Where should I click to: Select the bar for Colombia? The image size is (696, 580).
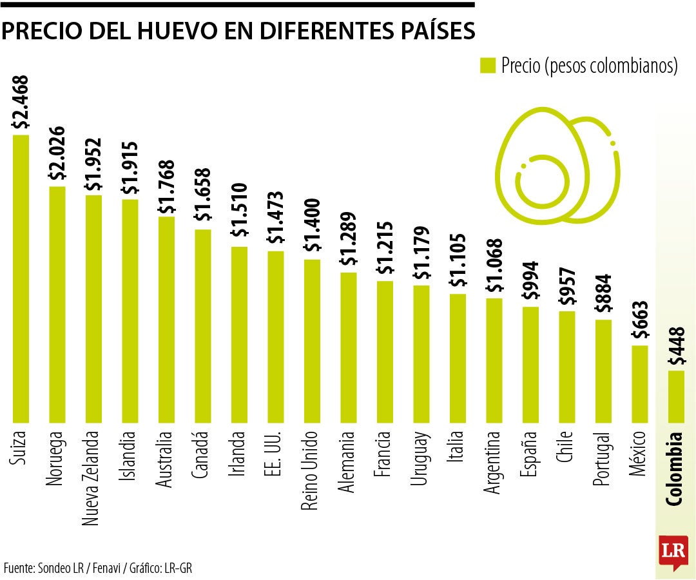[676, 396]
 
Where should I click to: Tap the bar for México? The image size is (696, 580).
[639, 384]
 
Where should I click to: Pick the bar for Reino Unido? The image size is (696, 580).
[312, 341]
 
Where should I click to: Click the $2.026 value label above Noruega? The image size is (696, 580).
[57, 153]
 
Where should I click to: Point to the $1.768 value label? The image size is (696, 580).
[167, 187]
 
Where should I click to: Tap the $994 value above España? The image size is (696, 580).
[531, 281]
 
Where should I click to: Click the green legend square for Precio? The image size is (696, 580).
[487, 66]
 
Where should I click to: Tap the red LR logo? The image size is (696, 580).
[672, 552]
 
